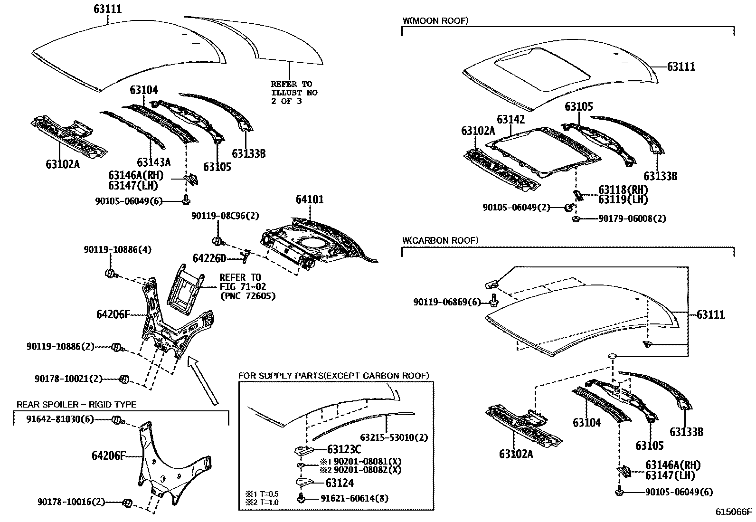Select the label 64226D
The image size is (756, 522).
click(x=209, y=258)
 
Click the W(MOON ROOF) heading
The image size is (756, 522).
click(x=435, y=20)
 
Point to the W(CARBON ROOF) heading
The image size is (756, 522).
click(x=440, y=240)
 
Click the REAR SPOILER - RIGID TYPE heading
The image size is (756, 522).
click(x=76, y=405)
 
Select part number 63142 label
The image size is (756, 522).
click(x=511, y=119)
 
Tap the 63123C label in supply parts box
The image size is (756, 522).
click(x=344, y=448)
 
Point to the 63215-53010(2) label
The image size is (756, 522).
click(x=394, y=437)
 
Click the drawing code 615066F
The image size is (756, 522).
click(x=734, y=512)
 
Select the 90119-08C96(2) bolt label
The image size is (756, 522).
click(x=225, y=216)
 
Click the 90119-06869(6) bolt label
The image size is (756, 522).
click(x=447, y=302)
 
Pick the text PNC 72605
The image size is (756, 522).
click(x=247, y=295)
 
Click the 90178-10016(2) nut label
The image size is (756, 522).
click(x=71, y=502)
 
